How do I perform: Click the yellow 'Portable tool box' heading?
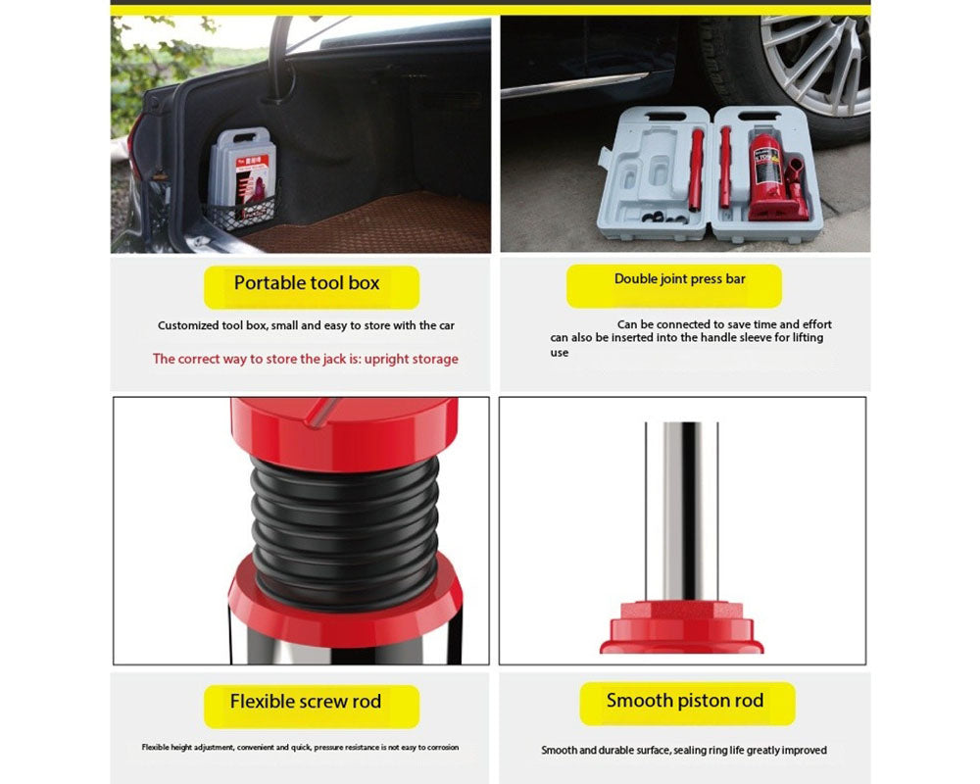[307, 283]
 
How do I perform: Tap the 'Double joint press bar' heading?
[679, 279]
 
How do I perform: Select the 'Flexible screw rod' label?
[306, 702]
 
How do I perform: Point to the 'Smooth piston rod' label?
[684, 701]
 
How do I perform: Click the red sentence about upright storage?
[305, 359]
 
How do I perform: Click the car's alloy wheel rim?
[818, 59]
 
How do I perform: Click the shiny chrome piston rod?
[683, 510]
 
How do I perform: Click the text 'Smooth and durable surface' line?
[602, 751]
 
